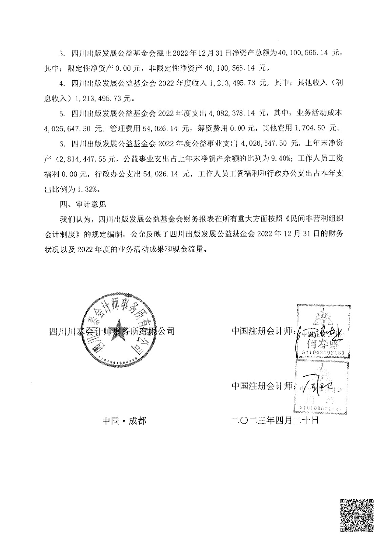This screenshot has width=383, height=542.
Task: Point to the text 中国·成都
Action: (x=124, y=421)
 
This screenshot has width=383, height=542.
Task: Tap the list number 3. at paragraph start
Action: (x=62, y=53)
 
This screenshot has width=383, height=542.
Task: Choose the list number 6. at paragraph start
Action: (x=62, y=144)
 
